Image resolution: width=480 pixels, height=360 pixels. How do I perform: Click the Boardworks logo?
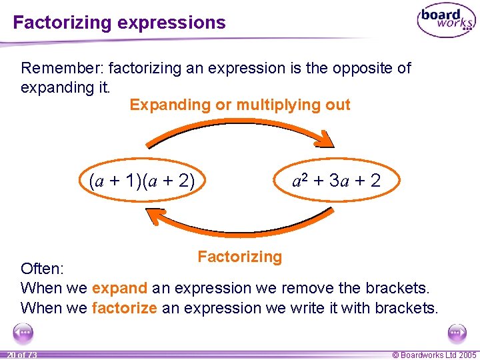[x=446, y=21]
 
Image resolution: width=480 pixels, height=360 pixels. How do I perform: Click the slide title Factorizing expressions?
[x=119, y=23]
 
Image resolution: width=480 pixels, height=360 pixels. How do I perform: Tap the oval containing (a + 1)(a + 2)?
[x=142, y=181]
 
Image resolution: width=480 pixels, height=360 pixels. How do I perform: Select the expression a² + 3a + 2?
[x=337, y=180]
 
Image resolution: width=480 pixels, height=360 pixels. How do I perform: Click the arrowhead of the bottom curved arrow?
[x=155, y=217]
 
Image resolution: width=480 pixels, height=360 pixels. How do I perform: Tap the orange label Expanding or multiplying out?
[x=240, y=105]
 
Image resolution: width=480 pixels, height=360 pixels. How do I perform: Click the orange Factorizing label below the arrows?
[x=240, y=257]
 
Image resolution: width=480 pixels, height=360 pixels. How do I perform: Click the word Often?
[x=42, y=269]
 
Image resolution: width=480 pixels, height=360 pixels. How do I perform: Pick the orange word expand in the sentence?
[x=119, y=289]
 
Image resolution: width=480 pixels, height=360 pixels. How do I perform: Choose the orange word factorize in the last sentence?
[x=124, y=308]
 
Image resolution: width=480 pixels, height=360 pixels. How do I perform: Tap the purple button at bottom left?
[x=23, y=331]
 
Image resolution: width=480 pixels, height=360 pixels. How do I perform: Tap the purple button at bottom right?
[x=457, y=331]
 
